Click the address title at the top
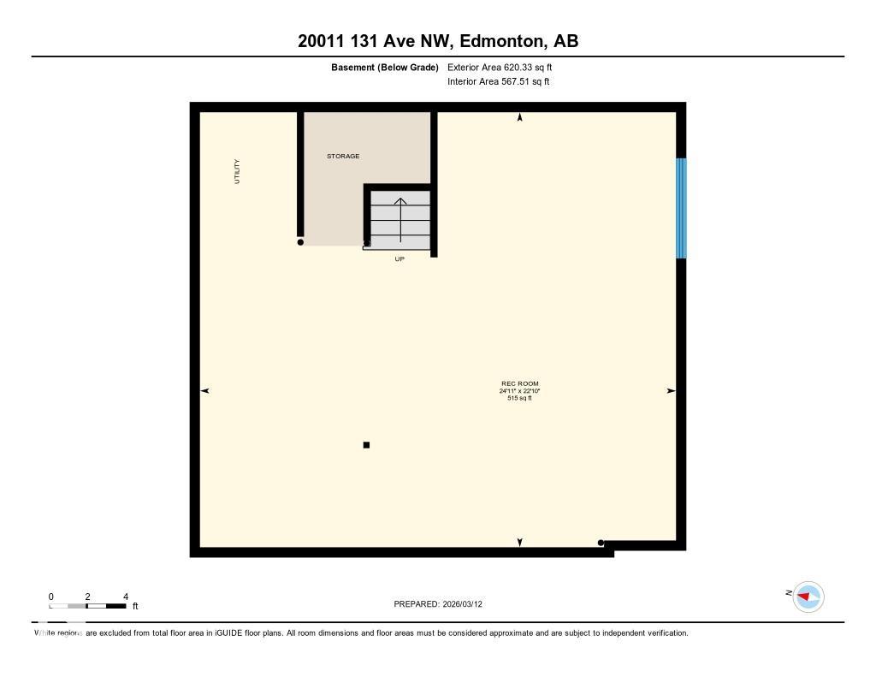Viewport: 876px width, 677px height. (x=437, y=41)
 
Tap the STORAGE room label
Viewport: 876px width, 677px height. (x=343, y=157)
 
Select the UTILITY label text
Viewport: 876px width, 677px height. (x=237, y=171)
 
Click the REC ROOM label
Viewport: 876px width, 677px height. (x=520, y=383)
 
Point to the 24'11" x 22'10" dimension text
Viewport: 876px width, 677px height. (x=520, y=391)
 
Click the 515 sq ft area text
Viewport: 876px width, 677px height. (x=520, y=398)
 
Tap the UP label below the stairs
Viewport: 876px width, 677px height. (x=400, y=258)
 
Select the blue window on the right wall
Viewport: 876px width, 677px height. (x=681, y=208)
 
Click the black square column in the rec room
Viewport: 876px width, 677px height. (x=366, y=445)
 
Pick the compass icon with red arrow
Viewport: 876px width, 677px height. (x=808, y=597)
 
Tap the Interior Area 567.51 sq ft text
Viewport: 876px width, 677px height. (x=498, y=82)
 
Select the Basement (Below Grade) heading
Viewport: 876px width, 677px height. (x=384, y=67)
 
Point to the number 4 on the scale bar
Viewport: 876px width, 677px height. (x=126, y=597)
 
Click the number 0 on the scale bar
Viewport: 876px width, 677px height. (x=50, y=597)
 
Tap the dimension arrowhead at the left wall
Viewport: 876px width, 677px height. (x=204, y=391)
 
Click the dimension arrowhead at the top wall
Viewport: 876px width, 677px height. (x=520, y=117)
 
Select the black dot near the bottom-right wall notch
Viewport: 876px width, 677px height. (x=601, y=543)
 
